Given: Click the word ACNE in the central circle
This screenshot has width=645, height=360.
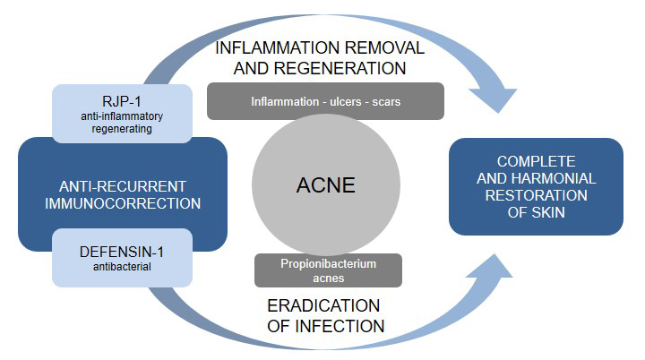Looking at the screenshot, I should click(325, 185).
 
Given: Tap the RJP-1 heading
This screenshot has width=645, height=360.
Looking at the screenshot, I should click(123, 100).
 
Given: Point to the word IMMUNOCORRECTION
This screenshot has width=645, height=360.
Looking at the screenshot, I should click(123, 203).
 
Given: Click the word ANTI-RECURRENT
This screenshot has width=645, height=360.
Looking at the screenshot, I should click(123, 186).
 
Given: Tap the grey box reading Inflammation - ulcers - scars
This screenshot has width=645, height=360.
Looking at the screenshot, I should click(325, 101).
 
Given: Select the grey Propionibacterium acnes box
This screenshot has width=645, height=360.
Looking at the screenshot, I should click(328, 270).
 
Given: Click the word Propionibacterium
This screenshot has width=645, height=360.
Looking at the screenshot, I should click(328, 264).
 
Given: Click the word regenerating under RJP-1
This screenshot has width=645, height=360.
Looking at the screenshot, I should click(123, 130).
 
